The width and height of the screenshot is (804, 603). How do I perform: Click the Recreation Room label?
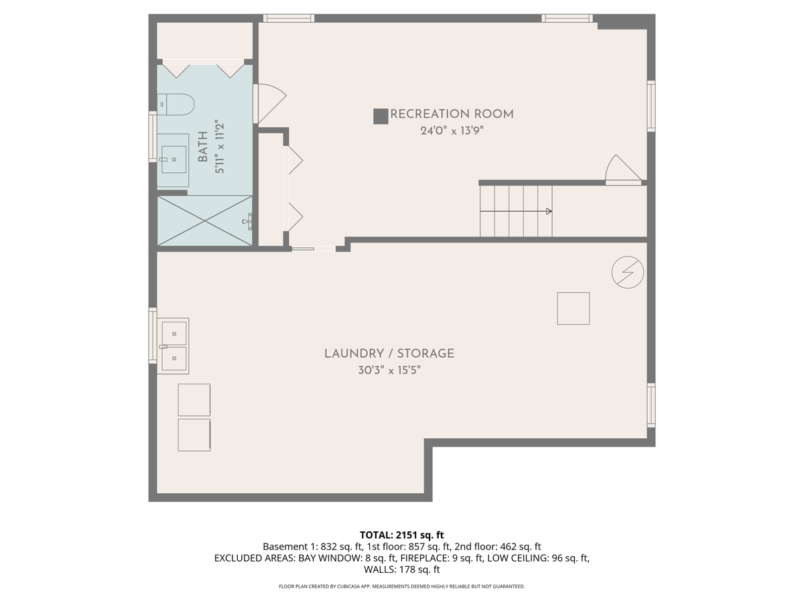pos(452,114)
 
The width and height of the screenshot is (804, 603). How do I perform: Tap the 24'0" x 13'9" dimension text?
pos(452,131)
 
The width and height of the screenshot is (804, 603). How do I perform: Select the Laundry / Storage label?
pos(389,353)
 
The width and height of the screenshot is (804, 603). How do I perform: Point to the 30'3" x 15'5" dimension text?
pos(389,370)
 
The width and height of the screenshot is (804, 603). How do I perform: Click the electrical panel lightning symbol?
pos(628,272)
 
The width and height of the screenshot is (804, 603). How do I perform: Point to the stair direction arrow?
pos(516,211)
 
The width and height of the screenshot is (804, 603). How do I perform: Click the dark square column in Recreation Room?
pos(381,116)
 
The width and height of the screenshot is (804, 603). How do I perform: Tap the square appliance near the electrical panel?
pos(574,308)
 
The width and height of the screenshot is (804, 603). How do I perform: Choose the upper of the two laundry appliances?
pos(194,399)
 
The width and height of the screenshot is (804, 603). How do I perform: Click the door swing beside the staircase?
pos(621,170)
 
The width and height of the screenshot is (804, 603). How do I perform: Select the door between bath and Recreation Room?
pos(269,103)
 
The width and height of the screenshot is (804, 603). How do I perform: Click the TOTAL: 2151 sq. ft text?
pos(402,535)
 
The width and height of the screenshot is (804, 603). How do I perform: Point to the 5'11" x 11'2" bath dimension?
pos(218,147)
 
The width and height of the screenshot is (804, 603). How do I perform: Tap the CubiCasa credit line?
pos(402,586)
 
